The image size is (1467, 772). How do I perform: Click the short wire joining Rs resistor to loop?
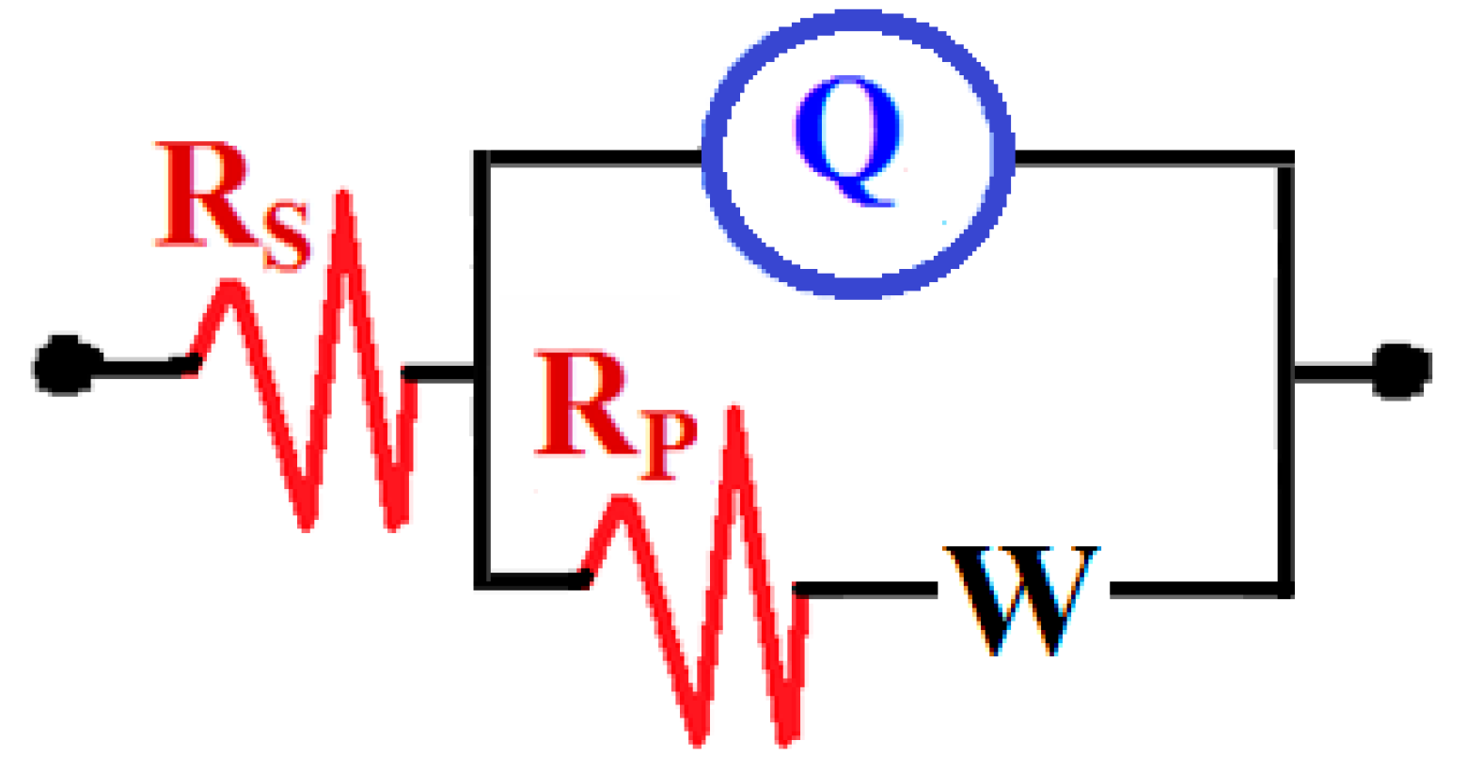pos(442,373)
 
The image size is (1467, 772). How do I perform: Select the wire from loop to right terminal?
pos(1335,373)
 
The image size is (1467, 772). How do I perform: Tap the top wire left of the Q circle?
pos(592,158)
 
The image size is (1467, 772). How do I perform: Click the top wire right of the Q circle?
pos(1147,158)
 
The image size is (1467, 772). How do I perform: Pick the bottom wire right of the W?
pos(1194,591)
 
